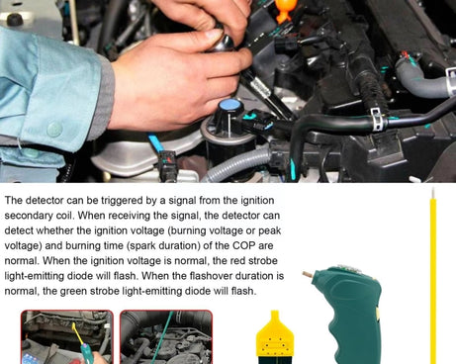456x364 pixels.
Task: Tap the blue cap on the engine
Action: pos(230,106)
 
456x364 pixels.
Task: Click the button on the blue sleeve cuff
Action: pos(54,130)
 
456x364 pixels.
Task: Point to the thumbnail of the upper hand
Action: pos(214,35)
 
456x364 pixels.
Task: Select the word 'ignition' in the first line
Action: pos(257,201)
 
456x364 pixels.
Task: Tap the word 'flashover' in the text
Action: pos(213,276)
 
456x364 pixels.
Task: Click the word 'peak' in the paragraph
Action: pos(269,230)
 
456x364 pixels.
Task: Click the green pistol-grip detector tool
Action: pos(347,314)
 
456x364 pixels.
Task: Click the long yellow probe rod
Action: pos(433,277)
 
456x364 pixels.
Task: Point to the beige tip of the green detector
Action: pos(308,274)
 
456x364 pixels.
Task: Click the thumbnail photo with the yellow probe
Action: pos(67,337)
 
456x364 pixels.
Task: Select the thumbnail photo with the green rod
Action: pos(166,337)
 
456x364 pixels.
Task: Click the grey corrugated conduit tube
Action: pos(236,164)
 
